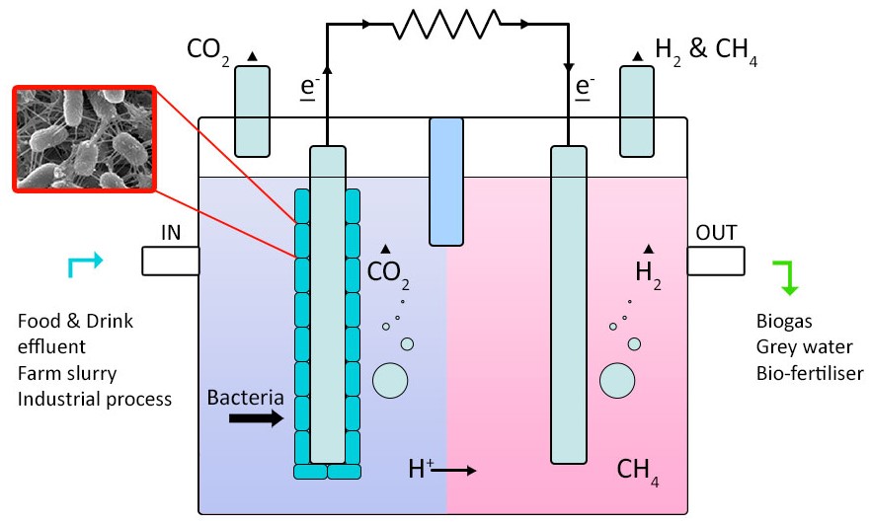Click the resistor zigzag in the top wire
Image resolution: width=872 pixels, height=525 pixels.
click(446, 25)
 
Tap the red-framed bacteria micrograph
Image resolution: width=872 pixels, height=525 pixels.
click(84, 139)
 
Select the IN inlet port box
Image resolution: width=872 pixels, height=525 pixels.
click(170, 261)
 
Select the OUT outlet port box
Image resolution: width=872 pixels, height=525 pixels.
click(716, 261)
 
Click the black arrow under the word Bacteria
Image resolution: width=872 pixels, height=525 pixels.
click(257, 417)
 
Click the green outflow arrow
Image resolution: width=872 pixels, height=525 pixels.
click(786, 277)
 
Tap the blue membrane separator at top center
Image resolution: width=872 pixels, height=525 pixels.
click(446, 182)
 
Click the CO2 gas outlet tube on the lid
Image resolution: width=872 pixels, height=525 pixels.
click(253, 112)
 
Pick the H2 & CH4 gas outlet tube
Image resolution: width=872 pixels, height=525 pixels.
click(637, 112)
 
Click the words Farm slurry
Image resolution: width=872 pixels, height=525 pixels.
click(67, 373)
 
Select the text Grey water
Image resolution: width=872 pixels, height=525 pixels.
click(804, 346)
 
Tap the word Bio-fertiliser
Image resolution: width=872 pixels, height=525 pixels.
click(810, 373)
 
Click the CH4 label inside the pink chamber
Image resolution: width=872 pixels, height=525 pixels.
click(638, 472)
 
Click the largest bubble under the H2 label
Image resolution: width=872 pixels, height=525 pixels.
click(617, 381)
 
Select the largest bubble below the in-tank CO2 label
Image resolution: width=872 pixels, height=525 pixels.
click(390, 381)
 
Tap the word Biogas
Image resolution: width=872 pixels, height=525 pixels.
click(784, 321)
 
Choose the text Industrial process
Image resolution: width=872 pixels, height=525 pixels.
click(95, 400)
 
